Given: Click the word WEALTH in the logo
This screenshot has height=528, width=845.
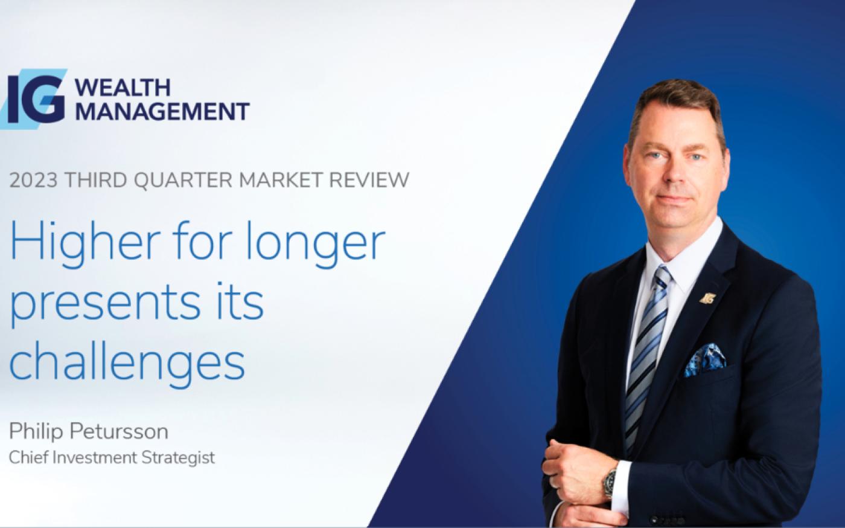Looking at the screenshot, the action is (x=123, y=88).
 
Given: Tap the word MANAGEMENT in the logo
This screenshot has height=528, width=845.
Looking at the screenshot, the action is (x=162, y=111).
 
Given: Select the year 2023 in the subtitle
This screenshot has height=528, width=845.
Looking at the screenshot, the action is (x=33, y=180).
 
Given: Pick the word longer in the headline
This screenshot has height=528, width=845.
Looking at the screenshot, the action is (x=315, y=245).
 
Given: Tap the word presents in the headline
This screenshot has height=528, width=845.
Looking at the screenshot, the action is (x=104, y=304).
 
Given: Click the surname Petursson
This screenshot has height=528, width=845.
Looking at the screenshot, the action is (x=120, y=431).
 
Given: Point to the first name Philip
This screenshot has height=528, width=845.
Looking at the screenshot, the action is (x=36, y=433).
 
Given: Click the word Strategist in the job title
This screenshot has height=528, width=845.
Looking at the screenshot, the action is (x=178, y=458).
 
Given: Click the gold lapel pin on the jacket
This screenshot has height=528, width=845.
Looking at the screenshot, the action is (x=707, y=298).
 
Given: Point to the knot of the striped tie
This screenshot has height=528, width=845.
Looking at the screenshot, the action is (x=663, y=278).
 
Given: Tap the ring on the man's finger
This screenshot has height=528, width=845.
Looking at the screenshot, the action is (x=553, y=483).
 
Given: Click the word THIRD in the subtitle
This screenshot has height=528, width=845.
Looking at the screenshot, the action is (x=96, y=180).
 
